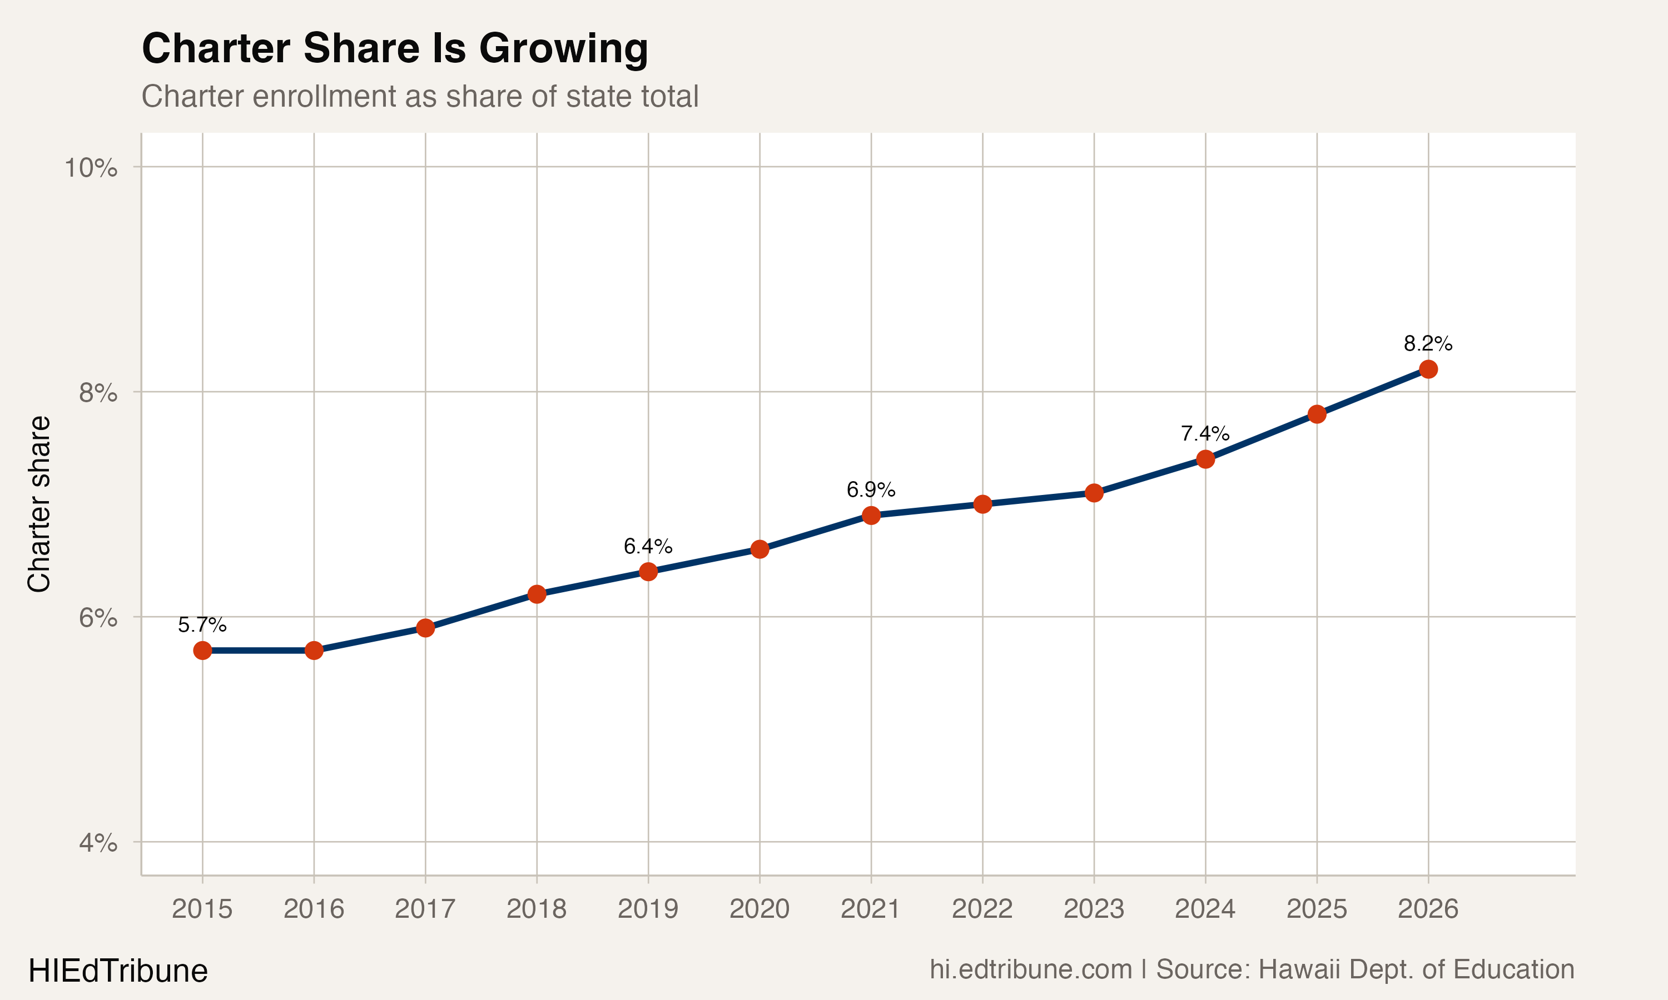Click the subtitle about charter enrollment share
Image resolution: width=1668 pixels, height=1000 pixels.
tap(419, 96)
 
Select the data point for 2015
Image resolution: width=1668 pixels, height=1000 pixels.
tap(202, 650)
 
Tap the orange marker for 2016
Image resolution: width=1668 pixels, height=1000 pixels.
tap(314, 650)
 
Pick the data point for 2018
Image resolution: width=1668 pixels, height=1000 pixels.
tap(537, 594)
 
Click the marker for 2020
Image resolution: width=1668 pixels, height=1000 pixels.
tap(760, 549)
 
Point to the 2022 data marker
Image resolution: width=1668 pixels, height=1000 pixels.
tap(982, 504)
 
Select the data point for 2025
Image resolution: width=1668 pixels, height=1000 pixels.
tap(1317, 414)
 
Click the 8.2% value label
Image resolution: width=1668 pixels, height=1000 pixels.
tap(1428, 344)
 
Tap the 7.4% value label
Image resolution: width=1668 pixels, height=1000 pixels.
tap(1205, 433)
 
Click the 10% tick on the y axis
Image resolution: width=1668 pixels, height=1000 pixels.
tap(91, 168)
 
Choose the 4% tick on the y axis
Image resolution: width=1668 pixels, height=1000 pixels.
tap(98, 842)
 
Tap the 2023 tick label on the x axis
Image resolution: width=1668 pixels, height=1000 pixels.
tap(1094, 909)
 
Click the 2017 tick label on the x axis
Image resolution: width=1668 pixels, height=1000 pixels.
tap(425, 909)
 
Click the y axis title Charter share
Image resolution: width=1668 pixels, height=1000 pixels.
tap(39, 504)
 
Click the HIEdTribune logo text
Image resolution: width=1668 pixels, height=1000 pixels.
tap(118, 971)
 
